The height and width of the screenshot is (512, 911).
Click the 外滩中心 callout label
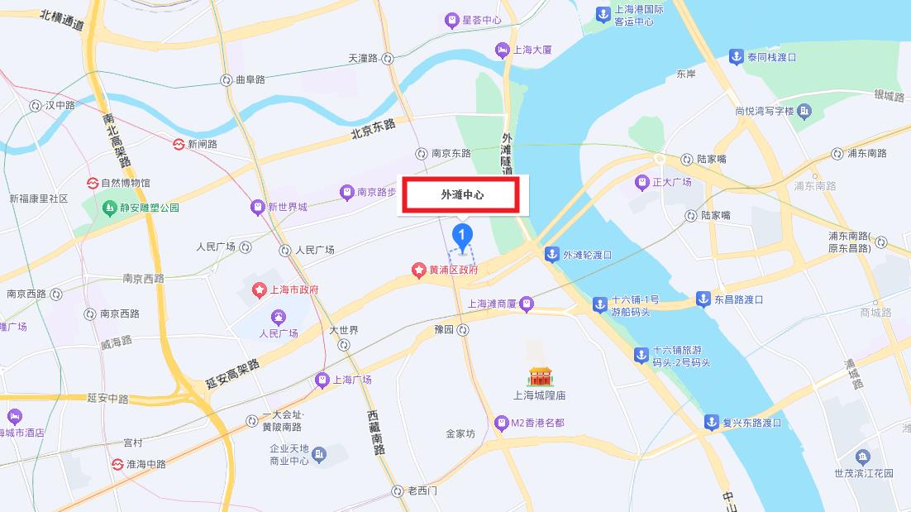[x=461, y=195]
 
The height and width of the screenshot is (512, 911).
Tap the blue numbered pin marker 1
[x=464, y=235]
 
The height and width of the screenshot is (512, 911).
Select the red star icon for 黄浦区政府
[x=419, y=270]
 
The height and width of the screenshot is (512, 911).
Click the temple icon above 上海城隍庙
[x=540, y=377]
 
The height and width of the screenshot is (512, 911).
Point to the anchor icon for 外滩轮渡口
[x=551, y=255]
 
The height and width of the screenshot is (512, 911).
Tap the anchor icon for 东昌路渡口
[x=703, y=299]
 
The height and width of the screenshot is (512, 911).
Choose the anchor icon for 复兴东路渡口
[x=711, y=423]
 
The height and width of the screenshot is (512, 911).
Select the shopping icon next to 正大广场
[x=642, y=182]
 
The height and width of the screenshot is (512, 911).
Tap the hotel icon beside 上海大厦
[x=502, y=50]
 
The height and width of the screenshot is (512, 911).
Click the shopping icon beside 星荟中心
[x=451, y=19]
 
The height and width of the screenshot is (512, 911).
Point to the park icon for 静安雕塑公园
[x=109, y=207]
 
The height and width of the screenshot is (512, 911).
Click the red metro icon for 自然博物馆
[x=93, y=183]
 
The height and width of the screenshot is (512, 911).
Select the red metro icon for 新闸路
[x=178, y=144]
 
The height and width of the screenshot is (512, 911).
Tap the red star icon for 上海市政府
[x=259, y=289]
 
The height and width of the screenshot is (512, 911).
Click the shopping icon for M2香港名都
[x=500, y=423]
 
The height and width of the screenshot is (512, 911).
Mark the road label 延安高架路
[x=232, y=375]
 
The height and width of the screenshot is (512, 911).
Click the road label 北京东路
[x=373, y=129]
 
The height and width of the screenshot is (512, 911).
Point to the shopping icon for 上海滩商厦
[x=526, y=304]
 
